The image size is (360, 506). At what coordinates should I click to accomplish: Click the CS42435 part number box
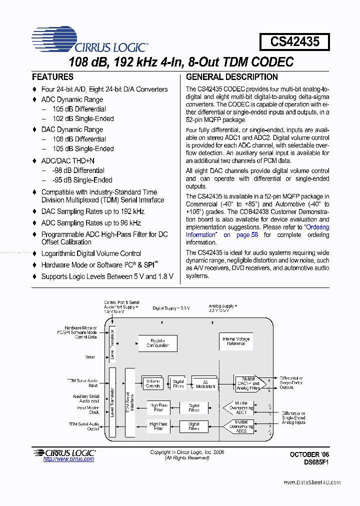tap(294, 41)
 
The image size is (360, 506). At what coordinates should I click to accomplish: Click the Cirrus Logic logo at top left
tap(90, 40)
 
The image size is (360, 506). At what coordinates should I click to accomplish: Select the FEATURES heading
tap(52, 77)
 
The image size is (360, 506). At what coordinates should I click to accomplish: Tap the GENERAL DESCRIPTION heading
tap(232, 77)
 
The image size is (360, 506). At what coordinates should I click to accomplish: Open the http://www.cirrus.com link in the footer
tap(68, 459)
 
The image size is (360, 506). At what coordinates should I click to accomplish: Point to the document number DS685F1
tap(314, 462)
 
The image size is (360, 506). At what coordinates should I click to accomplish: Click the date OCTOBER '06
tap(310, 454)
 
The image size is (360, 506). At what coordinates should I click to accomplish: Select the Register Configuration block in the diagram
tap(157, 343)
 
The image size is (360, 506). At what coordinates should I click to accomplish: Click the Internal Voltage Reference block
tap(236, 342)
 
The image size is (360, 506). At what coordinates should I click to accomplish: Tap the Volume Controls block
tap(153, 383)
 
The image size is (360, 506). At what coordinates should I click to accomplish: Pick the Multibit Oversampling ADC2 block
tap(241, 426)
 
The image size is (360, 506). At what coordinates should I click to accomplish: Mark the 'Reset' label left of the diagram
tap(90, 357)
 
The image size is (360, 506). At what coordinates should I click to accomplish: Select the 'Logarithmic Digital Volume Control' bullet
tap(91, 253)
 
